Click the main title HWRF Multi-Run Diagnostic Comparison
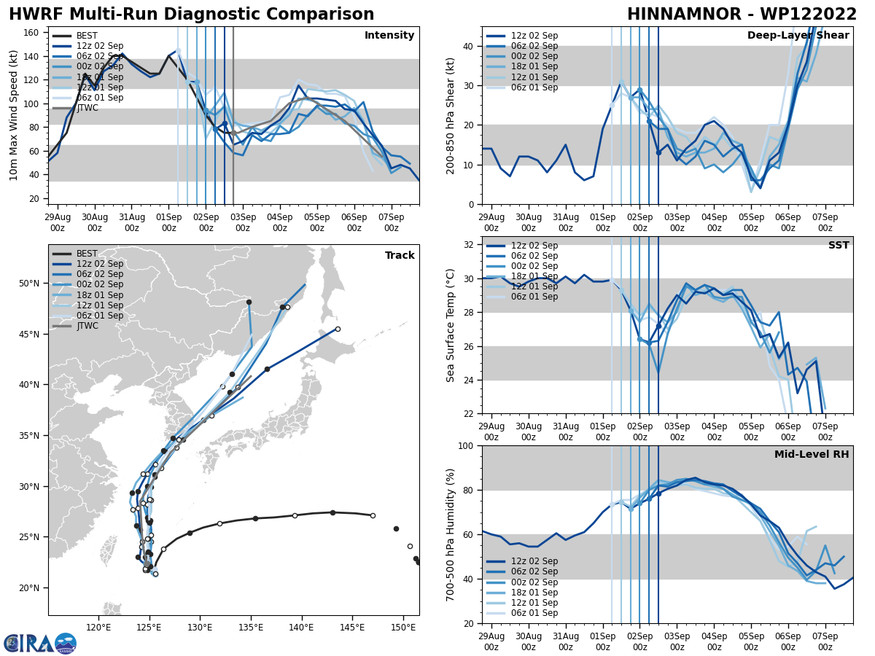click(191, 15)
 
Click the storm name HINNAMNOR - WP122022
click(742, 15)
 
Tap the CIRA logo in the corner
click(39, 644)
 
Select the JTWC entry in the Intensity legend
click(87, 108)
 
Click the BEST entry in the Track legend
click(87, 254)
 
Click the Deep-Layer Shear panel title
click(798, 36)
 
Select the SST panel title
click(838, 246)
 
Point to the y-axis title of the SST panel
click(451, 325)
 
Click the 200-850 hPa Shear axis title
click(451, 116)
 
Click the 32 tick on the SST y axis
click(471, 245)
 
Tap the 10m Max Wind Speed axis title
click(14, 116)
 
